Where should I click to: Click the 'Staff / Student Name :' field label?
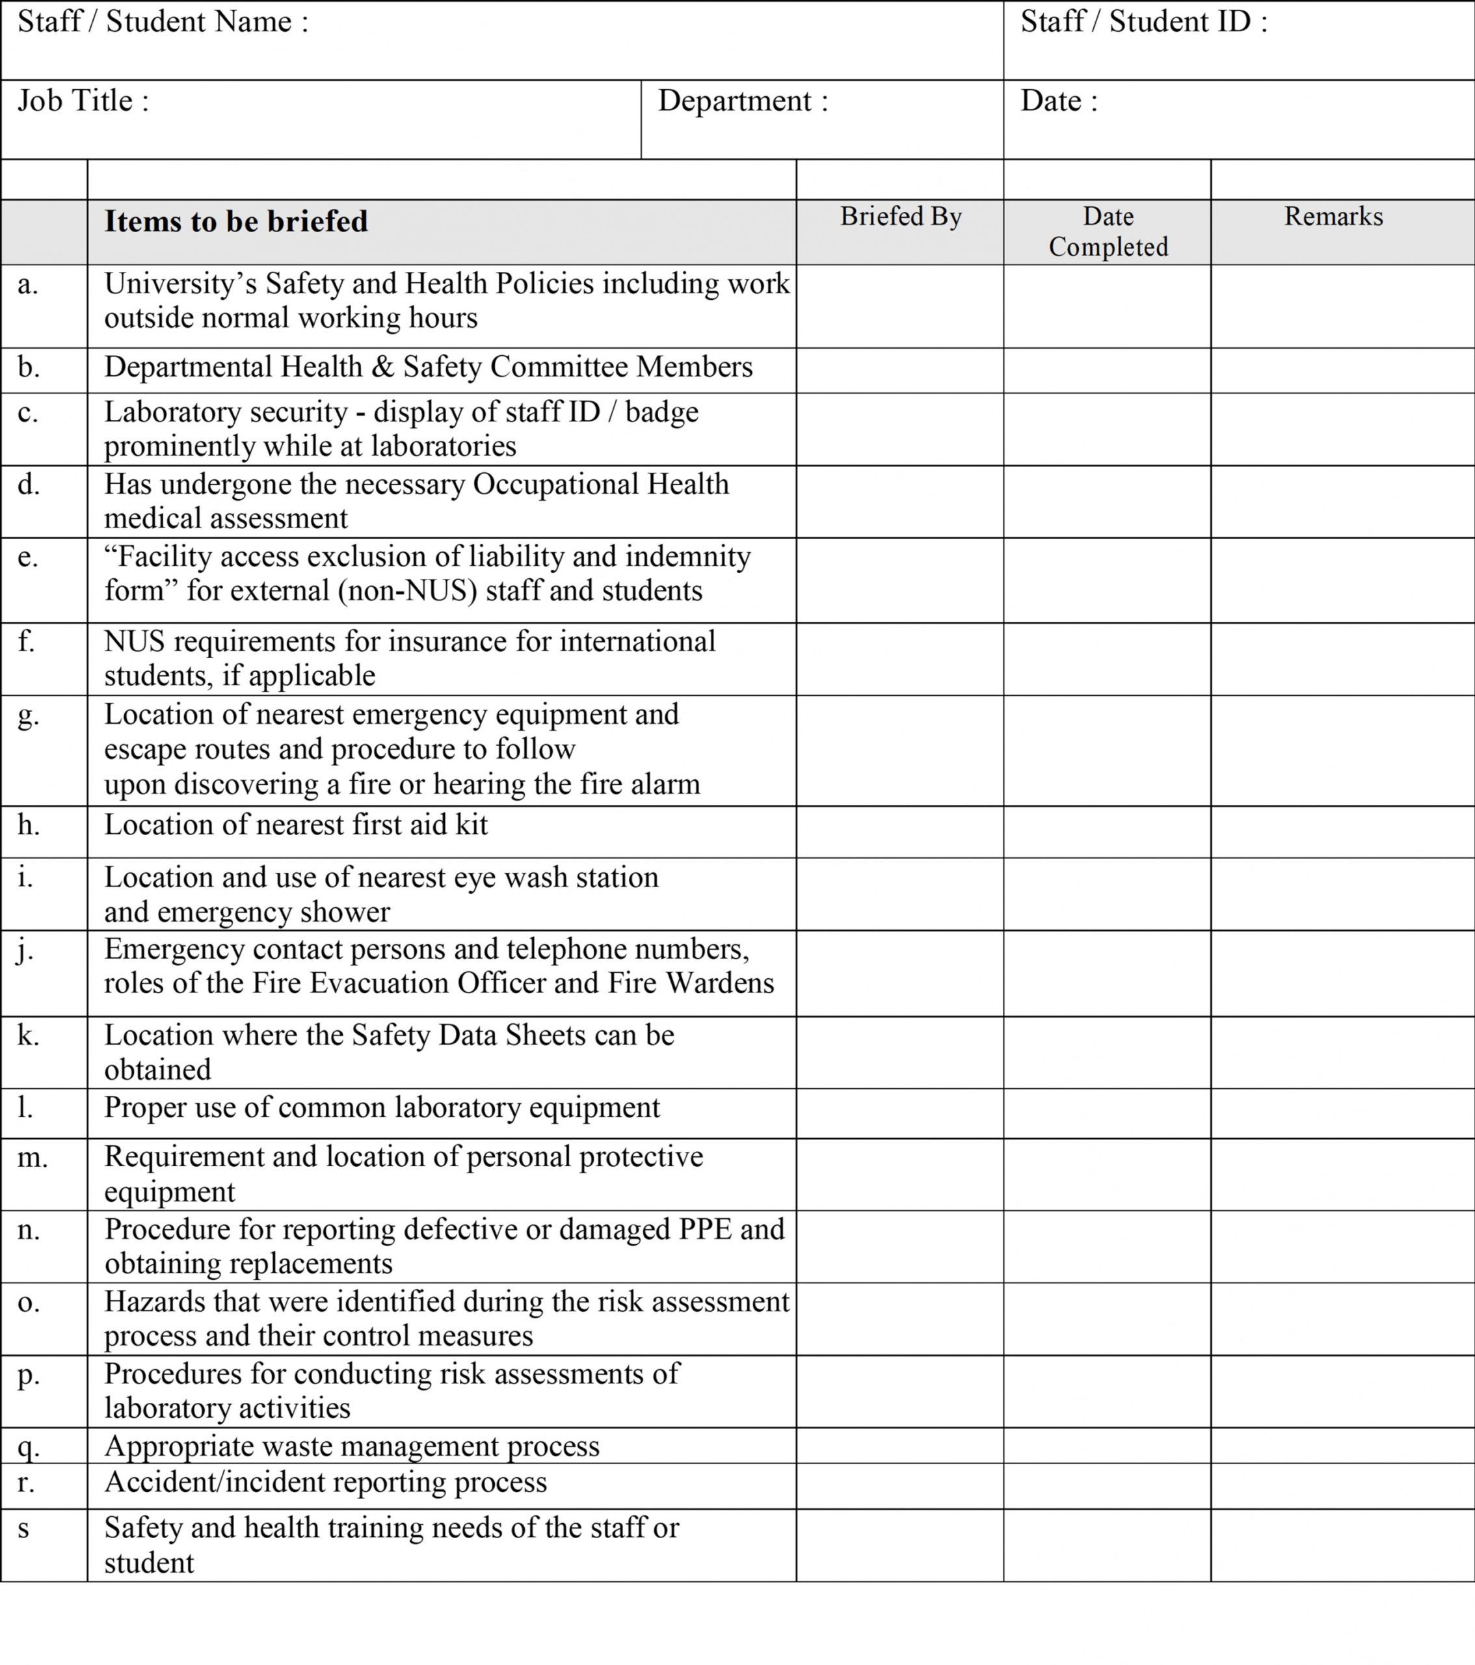tap(163, 22)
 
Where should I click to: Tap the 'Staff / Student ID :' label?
tap(1143, 22)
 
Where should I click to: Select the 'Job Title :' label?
tap(83, 101)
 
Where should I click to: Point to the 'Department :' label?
tap(742, 101)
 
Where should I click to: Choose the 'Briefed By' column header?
tap(901, 217)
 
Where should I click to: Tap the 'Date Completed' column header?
tap(1108, 232)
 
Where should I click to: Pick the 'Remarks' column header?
tap(1333, 217)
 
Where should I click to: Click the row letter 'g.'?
tap(29, 716)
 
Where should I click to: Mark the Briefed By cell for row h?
tap(899, 832)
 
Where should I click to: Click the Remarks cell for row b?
tap(1342, 371)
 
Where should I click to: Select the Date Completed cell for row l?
tap(1107, 1113)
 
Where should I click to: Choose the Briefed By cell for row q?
tap(899, 1446)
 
